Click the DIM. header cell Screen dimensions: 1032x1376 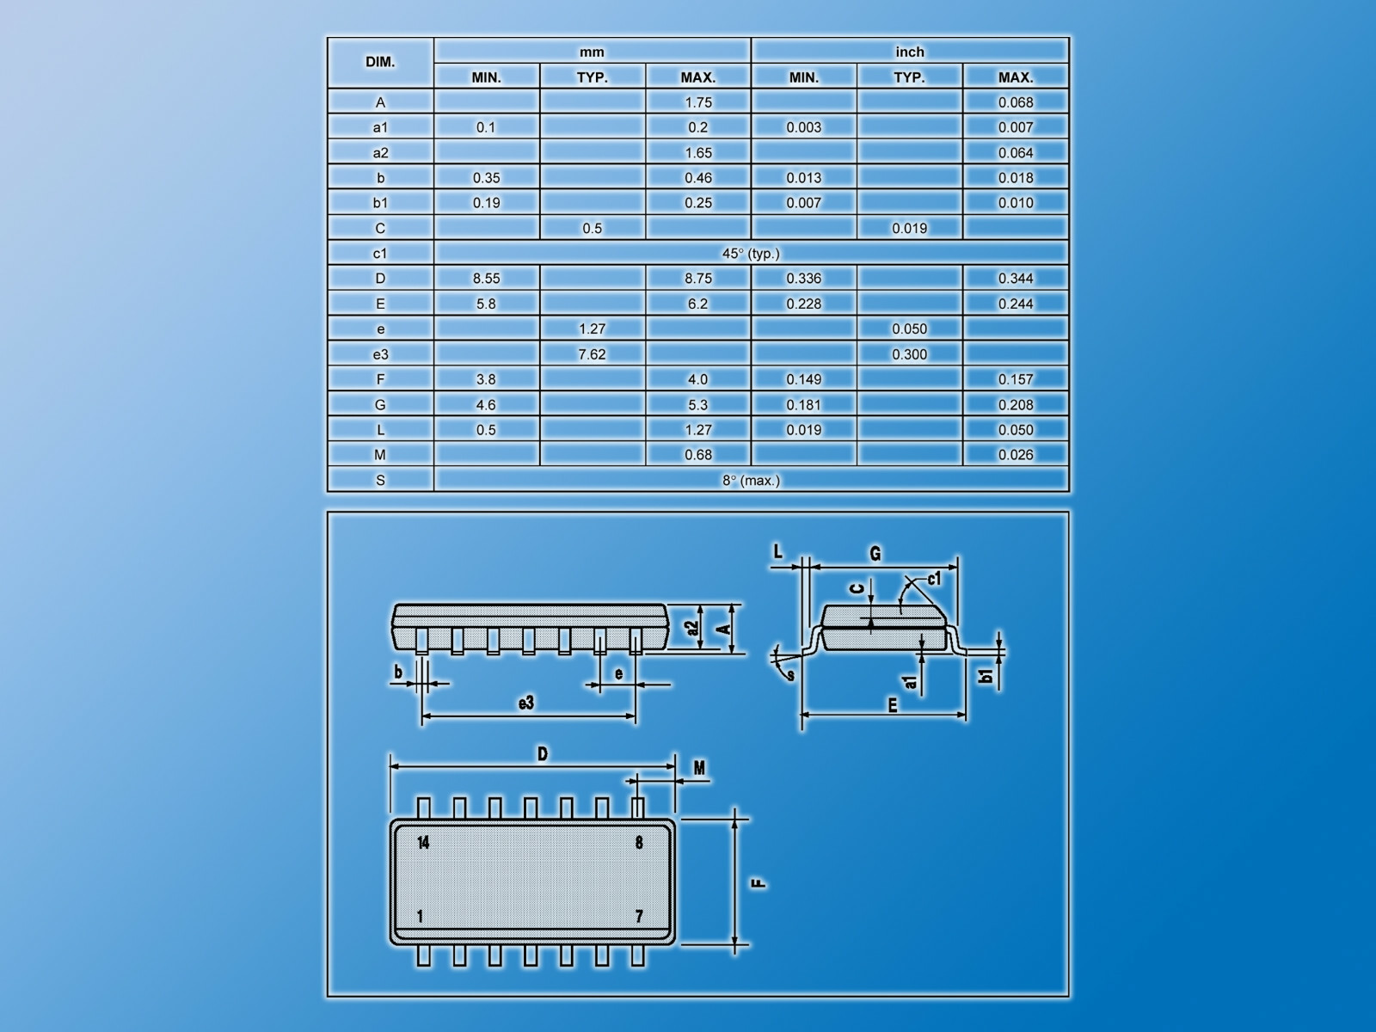pos(380,63)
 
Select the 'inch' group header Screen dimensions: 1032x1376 pos(910,52)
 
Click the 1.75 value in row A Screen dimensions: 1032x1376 pos(698,102)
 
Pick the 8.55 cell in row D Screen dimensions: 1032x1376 pos(486,279)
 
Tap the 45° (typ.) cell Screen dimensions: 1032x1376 pos(751,254)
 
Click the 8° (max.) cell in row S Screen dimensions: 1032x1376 pos(751,481)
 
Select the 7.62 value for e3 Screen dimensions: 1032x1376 pos(592,354)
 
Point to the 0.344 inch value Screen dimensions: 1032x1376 pos(1016,279)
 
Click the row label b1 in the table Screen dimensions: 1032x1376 pos(380,203)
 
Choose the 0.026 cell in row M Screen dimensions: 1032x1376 pos(1016,455)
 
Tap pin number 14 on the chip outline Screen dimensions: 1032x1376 pos(423,843)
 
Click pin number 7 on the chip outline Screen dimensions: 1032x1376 pos(639,917)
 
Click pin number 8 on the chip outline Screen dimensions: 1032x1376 pos(639,843)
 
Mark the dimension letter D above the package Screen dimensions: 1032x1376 pos(543,754)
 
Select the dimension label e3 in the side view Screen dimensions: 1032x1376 pos(526,703)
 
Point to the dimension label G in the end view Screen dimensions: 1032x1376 pos(875,554)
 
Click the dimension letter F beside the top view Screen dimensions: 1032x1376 pos(759,883)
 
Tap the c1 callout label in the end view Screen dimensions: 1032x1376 pos(934,580)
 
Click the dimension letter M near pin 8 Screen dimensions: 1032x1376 pos(699,768)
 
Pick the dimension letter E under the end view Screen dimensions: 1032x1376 pos(893,705)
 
